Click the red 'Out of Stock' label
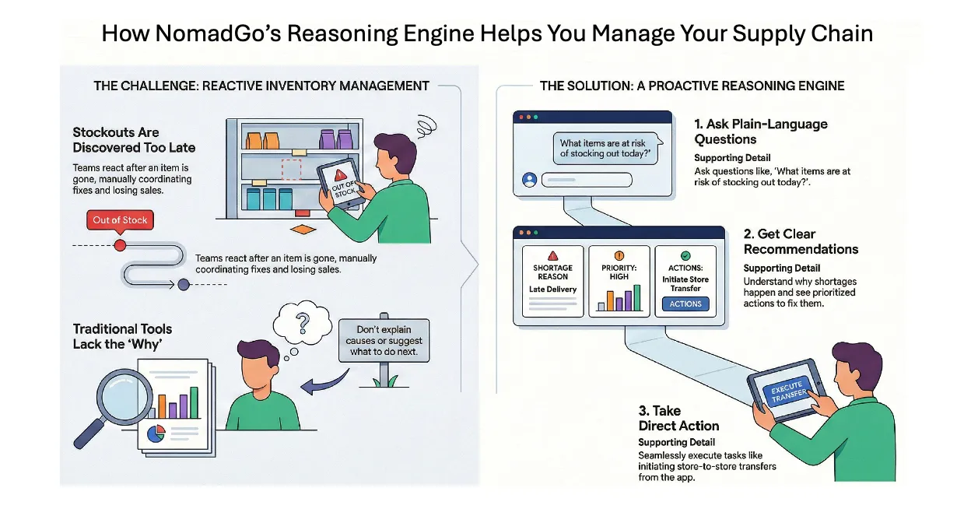[120, 220]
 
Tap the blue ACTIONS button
[685, 304]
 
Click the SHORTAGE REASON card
[552, 281]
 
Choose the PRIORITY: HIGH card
[619, 281]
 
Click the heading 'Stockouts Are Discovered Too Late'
[134, 140]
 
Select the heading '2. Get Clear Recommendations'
[801, 241]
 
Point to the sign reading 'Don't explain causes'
[384, 340]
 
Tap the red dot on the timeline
[120, 245]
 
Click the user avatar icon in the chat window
[530, 179]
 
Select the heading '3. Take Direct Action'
[678, 418]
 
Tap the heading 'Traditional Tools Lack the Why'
[123, 336]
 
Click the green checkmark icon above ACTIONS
[685, 255]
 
